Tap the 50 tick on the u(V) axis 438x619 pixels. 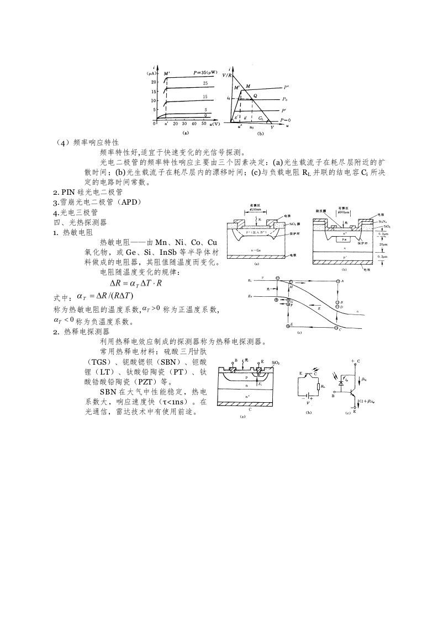point(203,124)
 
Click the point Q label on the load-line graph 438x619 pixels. point(255,95)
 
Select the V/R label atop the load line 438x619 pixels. point(226,74)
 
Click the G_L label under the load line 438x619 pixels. point(261,119)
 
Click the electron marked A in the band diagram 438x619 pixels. point(338,281)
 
